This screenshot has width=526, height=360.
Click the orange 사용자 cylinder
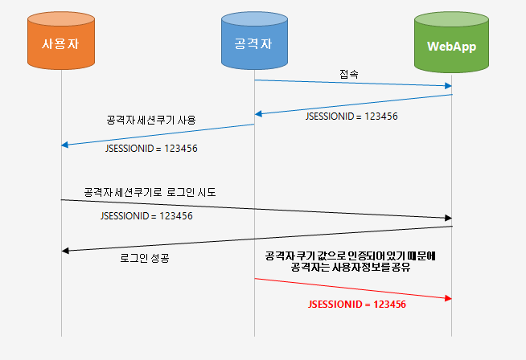coord(61,43)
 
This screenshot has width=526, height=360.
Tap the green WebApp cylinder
coord(451,44)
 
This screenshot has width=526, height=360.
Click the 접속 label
coord(349,73)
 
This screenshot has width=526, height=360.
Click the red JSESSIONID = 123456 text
coord(356,305)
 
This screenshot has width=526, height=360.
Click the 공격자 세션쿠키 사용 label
coord(151,120)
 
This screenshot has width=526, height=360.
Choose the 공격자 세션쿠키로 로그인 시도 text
coord(150,193)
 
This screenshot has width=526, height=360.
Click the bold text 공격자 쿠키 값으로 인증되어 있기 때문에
coord(350,256)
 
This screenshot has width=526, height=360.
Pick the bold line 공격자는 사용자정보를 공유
coord(350,268)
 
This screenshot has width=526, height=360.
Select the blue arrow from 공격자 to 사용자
coord(158,134)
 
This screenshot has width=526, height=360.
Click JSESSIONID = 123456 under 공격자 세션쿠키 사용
coord(151,149)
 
